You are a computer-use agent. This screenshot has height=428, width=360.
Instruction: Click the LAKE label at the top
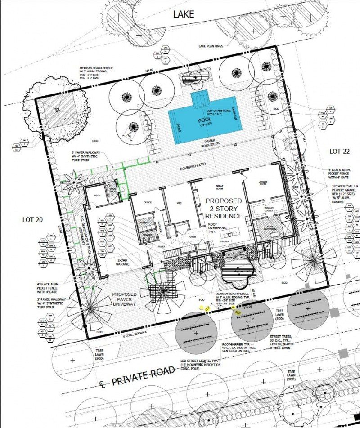[184, 14]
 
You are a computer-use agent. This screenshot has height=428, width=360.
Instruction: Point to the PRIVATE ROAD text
[142, 376]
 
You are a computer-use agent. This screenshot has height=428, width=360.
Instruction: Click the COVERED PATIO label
[193, 165]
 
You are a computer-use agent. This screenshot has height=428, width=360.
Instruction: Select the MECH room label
[97, 195]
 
